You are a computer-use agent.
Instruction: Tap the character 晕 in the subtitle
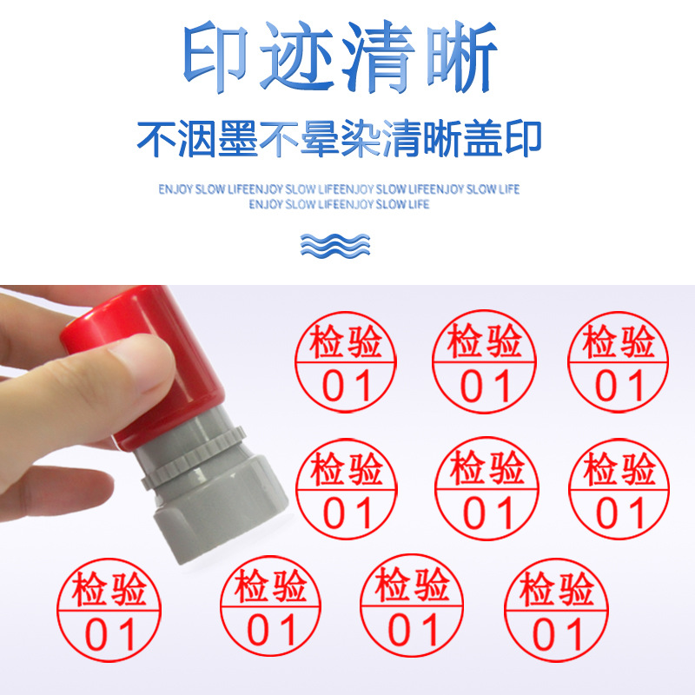pos(319,138)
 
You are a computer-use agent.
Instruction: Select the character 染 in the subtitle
pos(359,138)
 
